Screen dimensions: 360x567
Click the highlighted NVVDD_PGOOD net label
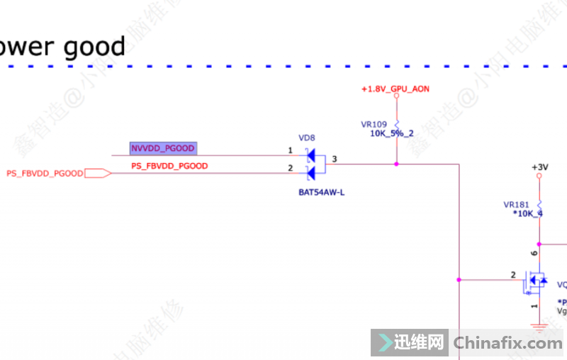[163, 148]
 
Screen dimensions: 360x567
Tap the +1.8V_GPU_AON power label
[395, 89]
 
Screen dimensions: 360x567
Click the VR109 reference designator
[374, 124]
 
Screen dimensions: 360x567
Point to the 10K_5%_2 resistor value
[392, 133]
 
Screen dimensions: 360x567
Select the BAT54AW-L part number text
[322, 192]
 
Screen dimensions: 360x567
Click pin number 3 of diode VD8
[335, 159]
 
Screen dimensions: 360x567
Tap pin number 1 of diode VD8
[290, 150]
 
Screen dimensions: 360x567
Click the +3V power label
[540, 167]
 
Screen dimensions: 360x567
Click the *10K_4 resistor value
[527, 213]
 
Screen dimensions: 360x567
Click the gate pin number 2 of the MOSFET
[513, 274]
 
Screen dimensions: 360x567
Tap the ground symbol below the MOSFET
[539, 327]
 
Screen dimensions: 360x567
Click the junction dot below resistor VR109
[396, 164]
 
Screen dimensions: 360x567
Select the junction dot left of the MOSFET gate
[459, 280]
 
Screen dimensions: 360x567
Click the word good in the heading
[94, 47]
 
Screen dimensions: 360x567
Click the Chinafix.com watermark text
[507, 344]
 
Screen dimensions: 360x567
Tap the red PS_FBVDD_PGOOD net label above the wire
[169, 166]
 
